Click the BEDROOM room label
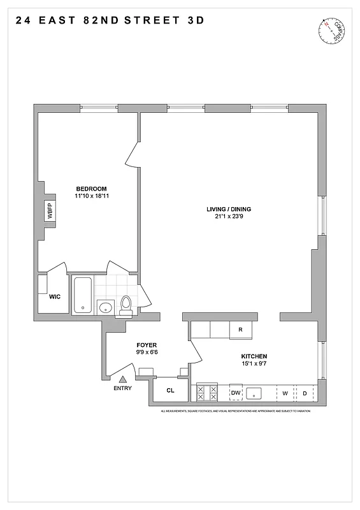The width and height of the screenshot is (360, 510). point(91,188)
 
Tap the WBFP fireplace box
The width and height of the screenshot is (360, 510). point(49,210)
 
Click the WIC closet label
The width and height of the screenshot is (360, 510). point(54,296)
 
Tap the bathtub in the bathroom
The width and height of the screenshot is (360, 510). point(83,295)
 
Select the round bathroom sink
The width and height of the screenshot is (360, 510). point(105,309)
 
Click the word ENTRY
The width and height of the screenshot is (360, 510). point(123,388)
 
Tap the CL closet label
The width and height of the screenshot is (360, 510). point(171,390)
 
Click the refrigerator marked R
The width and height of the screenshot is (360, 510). point(240,330)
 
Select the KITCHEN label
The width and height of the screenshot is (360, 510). point(254,356)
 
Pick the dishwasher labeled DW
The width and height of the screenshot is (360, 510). point(235,393)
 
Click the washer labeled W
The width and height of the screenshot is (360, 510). point(286,393)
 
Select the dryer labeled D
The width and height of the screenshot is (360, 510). point(305,393)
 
